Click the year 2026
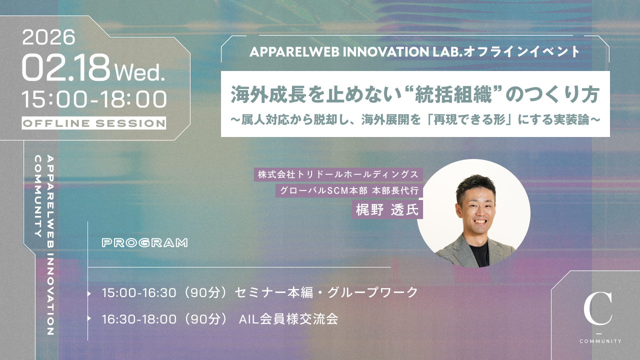click(48, 37)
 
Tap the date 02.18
click(65, 68)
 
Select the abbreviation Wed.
click(139, 72)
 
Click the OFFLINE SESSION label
click(93, 123)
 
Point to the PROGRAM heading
click(145, 243)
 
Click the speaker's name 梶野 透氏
click(387, 210)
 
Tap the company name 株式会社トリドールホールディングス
click(338, 174)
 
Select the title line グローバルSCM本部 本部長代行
click(349, 190)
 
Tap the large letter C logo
click(597, 308)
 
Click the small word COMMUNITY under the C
click(600, 341)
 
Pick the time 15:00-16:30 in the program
click(139, 293)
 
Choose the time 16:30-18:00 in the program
click(139, 319)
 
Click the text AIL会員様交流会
click(288, 319)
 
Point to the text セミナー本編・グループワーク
click(326, 292)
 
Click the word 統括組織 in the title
click(453, 95)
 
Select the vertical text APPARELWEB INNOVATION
click(50, 245)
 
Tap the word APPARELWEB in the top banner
click(294, 51)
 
